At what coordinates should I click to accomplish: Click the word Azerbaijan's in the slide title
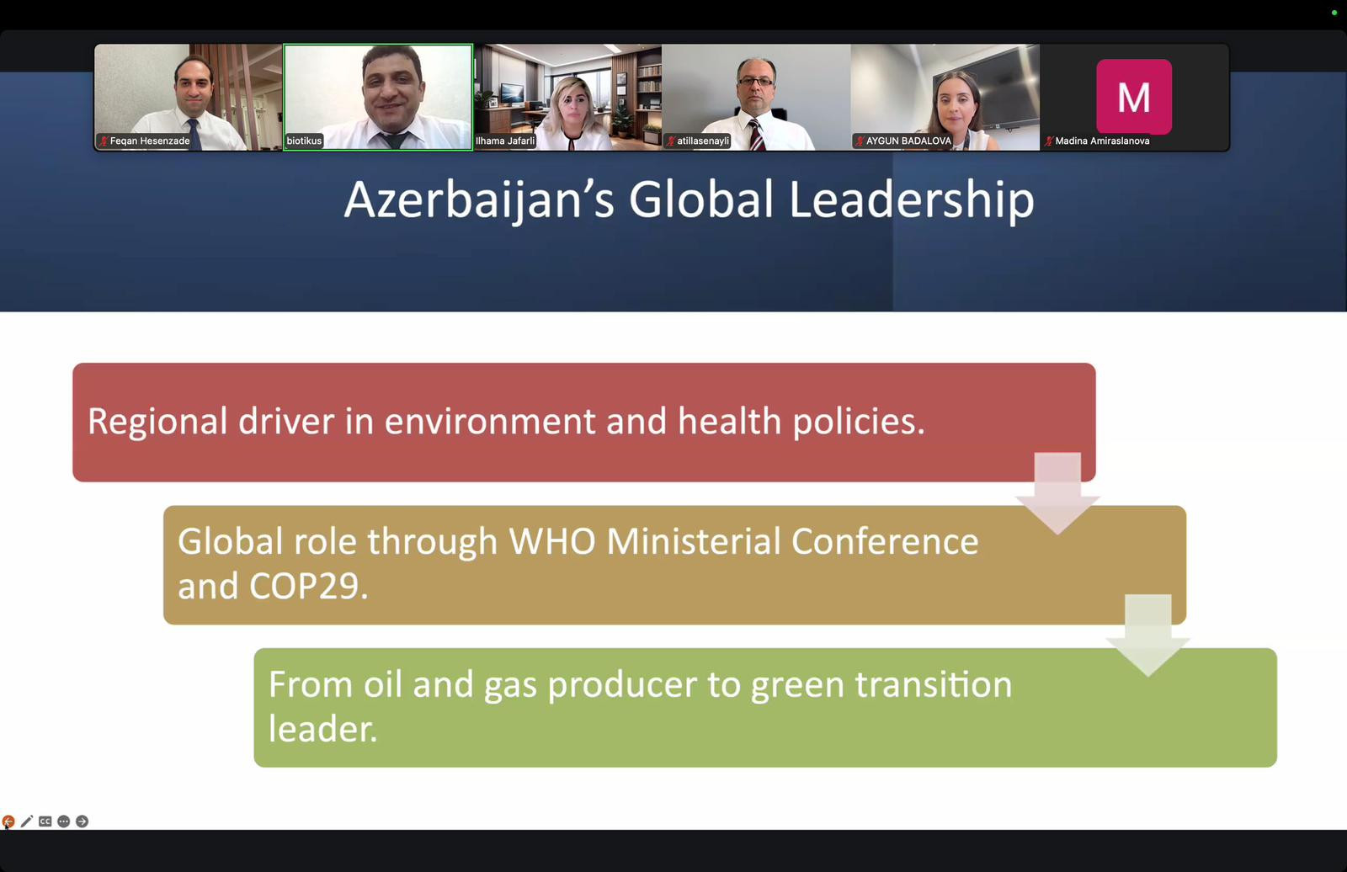tap(479, 199)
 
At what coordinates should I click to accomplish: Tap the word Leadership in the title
tap(911, 199)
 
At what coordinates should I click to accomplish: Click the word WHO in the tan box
tap(552, 541)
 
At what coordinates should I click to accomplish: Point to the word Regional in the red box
tap(157, 422)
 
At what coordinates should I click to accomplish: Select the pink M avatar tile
tap(1133, 96)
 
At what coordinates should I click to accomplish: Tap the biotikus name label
tap(304, 141)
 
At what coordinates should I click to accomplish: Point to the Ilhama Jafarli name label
tap(505, 141)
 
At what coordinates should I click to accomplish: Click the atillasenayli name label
tap(698, 141)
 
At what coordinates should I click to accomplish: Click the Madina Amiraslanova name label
tap(1098, 141)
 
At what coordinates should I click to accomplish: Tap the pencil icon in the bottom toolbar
tap(26, 821)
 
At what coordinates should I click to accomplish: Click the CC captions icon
tap(45, 821)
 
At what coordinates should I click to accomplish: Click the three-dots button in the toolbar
tap(64, 821)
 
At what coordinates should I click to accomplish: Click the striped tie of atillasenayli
tap(755, 136)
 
